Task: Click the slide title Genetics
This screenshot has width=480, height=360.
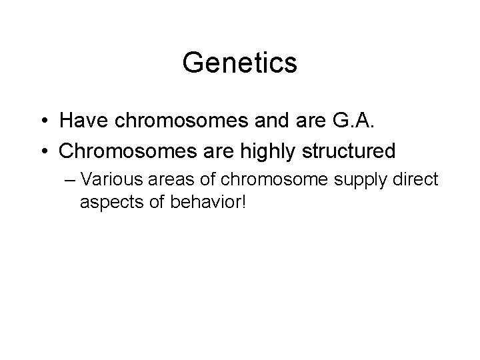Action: [x=239, y=64]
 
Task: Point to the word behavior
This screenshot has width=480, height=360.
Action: [x=199, y=201]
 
